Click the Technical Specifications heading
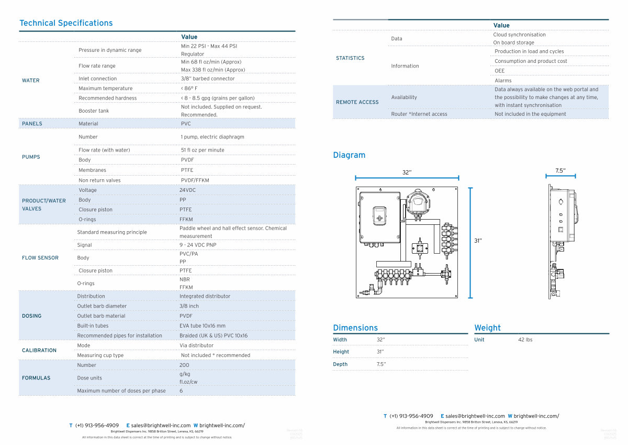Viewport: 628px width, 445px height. click(x=66, y=23)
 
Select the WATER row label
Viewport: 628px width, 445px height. click(x=31, y=80)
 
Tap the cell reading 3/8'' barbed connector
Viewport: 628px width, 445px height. click(x=208, y=79)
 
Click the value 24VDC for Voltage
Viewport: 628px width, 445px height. click(x=187, y=190)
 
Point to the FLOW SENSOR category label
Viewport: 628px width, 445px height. click(x=40, y=258)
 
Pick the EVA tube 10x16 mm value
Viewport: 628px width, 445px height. click(x=203, y=325)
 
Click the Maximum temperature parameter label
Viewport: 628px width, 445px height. click(x=106, y=89)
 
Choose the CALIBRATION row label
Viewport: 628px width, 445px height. click(x=39, y=350)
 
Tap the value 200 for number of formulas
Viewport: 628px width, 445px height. click(x=184, y=365)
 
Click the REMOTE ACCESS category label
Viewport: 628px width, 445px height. click(x=357, y=102)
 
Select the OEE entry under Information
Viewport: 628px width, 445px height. click(x=500, y=71)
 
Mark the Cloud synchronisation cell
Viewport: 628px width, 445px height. click(x=519, y=35)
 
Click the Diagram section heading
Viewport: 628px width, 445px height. click(x=349, y=155)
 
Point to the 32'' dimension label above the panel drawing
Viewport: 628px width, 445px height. click(x=407, y=172)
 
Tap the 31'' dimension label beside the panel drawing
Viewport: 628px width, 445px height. click(x=478, y=241)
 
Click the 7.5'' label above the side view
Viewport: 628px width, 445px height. click(x=560, y=171)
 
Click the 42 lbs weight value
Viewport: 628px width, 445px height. click(x=525, y=340)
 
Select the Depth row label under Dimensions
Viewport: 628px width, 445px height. click(x=340, y=364)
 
